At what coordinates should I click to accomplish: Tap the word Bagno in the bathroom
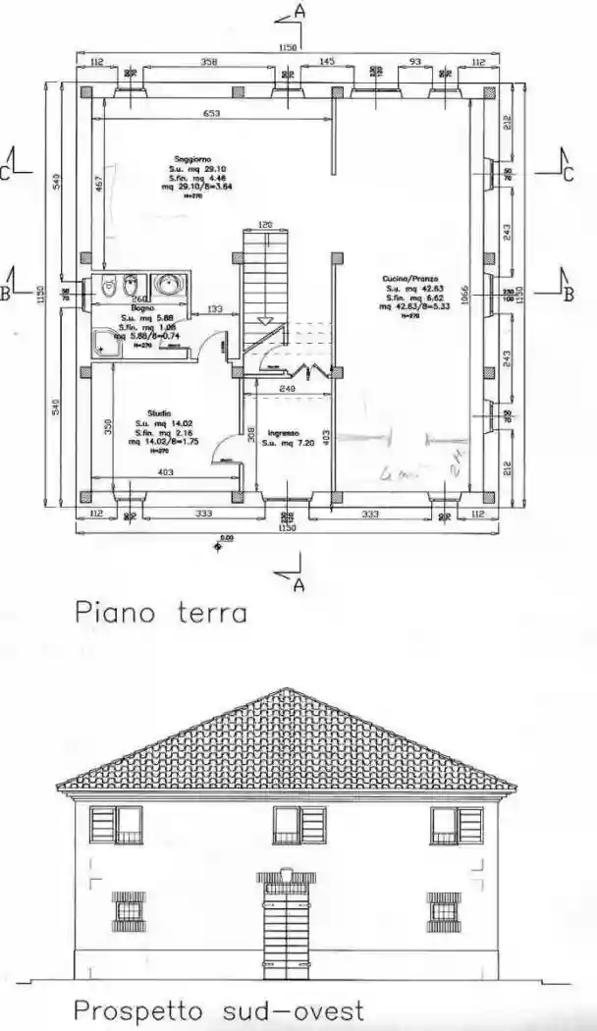[x=133, y=308]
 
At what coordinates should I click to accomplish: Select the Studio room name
[x=159, y=413]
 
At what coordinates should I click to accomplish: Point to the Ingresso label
[x=282, y=433]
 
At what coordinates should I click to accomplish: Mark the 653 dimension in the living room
[x=211, y=114]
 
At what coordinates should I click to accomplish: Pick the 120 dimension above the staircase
[x=265, y=225]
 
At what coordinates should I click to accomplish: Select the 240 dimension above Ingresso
[x=288, y=390]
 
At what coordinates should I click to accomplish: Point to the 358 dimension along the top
[x=208, y=62]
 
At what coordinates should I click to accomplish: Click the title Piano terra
[x=160, y=614]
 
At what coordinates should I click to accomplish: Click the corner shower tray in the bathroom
[x=103, y=341]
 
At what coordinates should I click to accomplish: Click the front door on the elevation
[x=285, y=938]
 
